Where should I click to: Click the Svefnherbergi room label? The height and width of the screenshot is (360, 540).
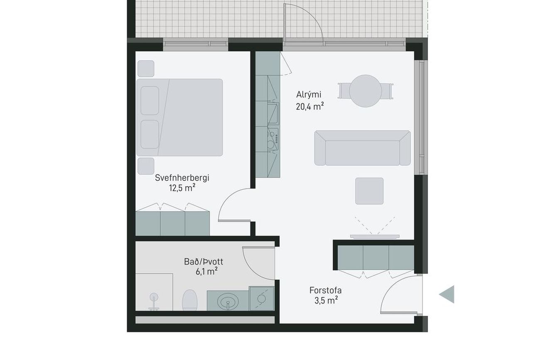pyautogui.click(x=182, y=178)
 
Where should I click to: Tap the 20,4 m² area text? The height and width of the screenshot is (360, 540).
pyautogui.click(x=309, y=106)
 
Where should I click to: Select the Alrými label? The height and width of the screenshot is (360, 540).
pyautogui.click(x=309, y=94)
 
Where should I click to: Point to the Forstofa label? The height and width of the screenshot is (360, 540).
pyautogui.click(x=325, y=290)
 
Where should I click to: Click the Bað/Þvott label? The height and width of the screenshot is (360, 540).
pyautogui.click(x=204, y=262)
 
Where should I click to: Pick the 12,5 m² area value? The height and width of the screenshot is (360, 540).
pyautogui.click(x=182, y=188)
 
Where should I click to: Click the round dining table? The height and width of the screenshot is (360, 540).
pyautogui.click(x=366, y=91)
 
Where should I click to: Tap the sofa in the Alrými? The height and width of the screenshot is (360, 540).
pyautogui.click(x=362, y=148)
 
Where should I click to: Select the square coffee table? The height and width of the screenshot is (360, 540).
pyautogui.click(x=369, y=191)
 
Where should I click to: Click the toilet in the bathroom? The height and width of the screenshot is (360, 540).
pyautogui.click(x=190, y=300)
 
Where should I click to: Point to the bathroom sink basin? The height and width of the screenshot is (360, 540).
pyautogui.click(x=228, y=301)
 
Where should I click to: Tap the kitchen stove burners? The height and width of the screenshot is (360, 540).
pyautogui.click(x=273, y=139)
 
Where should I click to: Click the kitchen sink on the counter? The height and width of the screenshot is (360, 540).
pyautogui.click(x=273, y=113)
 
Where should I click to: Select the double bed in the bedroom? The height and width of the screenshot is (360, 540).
pyautogui.click(x=179, y=118)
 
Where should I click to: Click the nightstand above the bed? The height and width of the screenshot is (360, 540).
pyautogui.click(x=146, y=69)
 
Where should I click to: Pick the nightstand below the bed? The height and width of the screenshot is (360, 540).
pyautogui.click(x=146, y=166)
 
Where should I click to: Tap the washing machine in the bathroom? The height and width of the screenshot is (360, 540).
pyautogui.click(x=262, y=299)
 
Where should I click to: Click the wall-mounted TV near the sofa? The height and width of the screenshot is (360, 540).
pyautogui.click(x=375, y=237)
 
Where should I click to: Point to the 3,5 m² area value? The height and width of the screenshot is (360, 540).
pyautogui.click(x=326, y=301)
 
